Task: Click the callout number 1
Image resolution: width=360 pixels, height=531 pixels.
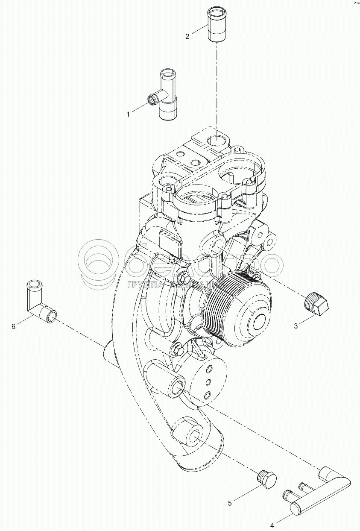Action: click(x=128, y=114)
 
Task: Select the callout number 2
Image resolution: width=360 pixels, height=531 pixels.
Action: click(x=187, y=36)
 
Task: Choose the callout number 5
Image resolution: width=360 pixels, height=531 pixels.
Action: click(x=230, y=503)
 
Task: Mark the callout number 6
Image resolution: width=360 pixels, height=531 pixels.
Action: click(x=13, y=326)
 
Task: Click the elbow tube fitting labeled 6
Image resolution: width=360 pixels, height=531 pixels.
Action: click(x=38, y=302)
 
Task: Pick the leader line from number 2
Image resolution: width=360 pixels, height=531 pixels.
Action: click(x=199, y=30)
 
